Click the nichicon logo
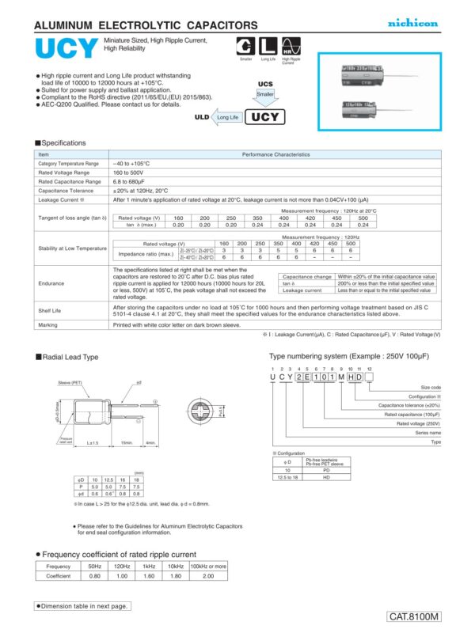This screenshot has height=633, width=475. (412, 24)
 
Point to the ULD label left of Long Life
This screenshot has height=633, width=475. (201, 117)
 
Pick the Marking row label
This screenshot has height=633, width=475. (50, 324)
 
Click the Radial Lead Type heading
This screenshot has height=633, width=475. (69, 358)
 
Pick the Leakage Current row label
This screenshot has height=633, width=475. (61, 200)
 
